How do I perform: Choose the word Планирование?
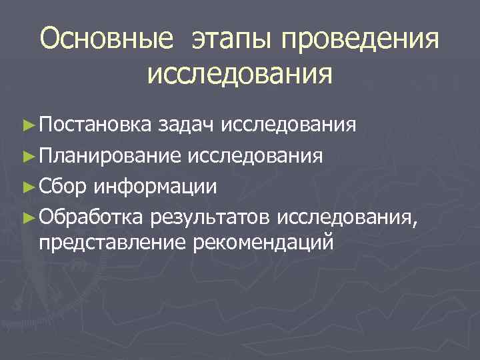(x=110, y=156)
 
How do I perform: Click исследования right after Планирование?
(x=255, y=156)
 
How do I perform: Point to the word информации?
(x=155, y=186)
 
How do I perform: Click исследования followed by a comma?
(x=350, y=216)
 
